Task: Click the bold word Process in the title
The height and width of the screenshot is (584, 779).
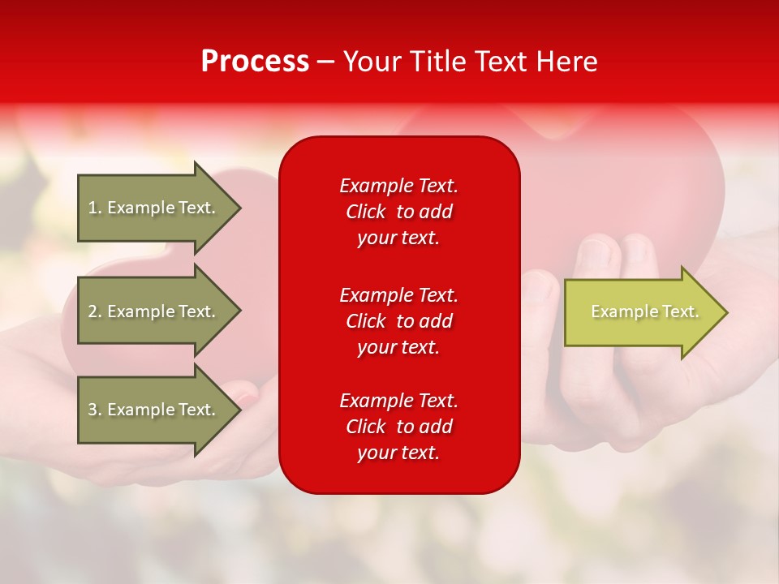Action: pos(255,62)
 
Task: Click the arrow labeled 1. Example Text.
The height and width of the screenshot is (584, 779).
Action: pos(154,208)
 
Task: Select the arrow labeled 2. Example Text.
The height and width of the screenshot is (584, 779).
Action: pos(154,311)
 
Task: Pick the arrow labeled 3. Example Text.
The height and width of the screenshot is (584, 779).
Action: pos(154,410)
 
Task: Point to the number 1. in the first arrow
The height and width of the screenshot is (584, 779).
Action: pos(95,208)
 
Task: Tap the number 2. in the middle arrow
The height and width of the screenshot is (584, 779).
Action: pos(95,311)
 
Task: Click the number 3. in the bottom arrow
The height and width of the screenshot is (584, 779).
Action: pos(95,410)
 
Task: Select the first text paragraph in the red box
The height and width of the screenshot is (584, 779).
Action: pos(398,212)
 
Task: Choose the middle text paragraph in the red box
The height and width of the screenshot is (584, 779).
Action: pos(398,320)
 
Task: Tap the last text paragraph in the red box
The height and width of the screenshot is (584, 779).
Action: pos(398,427)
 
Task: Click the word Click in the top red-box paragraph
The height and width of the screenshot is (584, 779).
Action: pos(366,212)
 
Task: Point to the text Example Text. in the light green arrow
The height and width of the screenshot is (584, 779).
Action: pos(644,311)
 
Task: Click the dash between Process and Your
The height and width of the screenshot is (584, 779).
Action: pos(326,62)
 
